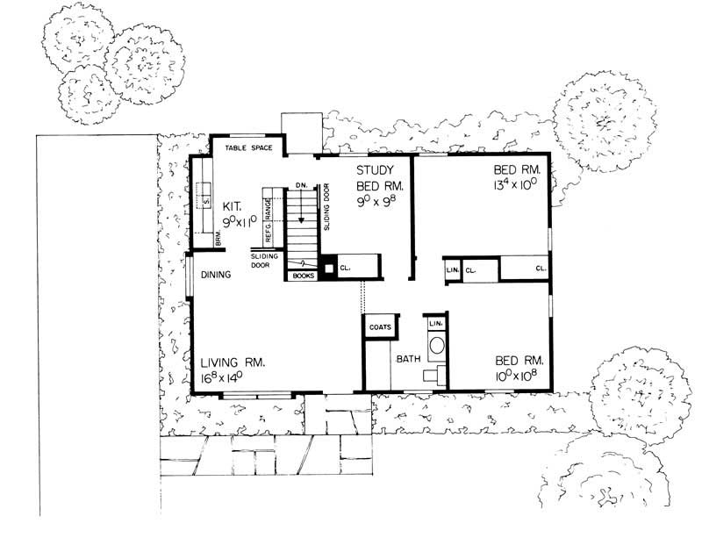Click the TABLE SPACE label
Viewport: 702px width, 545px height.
[247, 147]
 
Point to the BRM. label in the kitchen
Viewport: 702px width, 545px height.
[219, 238]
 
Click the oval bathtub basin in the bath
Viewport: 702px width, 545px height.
[436, 344]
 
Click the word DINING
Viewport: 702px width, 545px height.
[215, 275]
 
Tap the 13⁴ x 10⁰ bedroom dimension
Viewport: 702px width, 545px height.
[519, 185]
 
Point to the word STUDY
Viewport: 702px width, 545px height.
[376, 169]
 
